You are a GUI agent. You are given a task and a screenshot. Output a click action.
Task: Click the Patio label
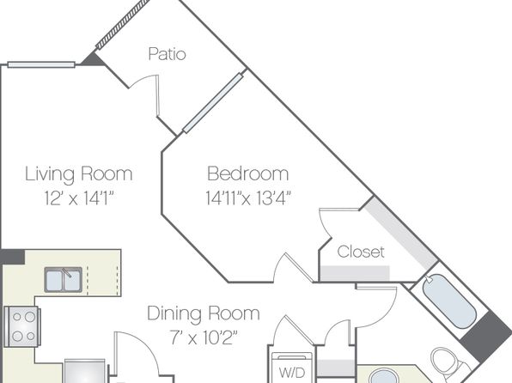[x=168, y=54]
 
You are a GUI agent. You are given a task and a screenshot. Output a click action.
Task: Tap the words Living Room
[x=79, y=173]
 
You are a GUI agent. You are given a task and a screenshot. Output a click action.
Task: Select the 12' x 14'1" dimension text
[x=79, y=198]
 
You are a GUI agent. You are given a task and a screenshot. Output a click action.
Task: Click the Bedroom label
[x=248, y=173]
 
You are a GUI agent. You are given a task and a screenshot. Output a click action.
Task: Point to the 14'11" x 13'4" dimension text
[x=248, y=198]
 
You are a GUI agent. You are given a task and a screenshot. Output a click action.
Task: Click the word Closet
[x=361, y=252]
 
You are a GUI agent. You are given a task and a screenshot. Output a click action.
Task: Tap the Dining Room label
[x=204, y=313]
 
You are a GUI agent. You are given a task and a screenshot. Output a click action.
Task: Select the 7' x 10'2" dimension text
[x=204, y=337]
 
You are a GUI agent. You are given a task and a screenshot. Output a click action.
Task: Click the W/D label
[x=292, y=373]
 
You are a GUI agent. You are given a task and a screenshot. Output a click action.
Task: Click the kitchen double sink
[x=64, y=279]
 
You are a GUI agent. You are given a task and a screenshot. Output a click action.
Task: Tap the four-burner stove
[x=22, y=326]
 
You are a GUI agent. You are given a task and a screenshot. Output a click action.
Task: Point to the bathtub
[x=449, y=301]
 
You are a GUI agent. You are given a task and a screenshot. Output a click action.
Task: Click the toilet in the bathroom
[x=446, y=362]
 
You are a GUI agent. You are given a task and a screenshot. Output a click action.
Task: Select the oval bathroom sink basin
[x=385, y=376]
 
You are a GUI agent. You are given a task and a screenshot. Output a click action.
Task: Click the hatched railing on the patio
[x=123, y=24]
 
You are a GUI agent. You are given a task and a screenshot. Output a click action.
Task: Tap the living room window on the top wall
[x=41, y=64]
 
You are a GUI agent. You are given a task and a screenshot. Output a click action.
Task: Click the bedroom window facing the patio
[x=213, y=103]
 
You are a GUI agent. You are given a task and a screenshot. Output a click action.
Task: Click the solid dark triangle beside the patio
[x=94, y=59]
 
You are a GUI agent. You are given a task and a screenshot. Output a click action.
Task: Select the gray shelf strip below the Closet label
[x=355, y=273]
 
